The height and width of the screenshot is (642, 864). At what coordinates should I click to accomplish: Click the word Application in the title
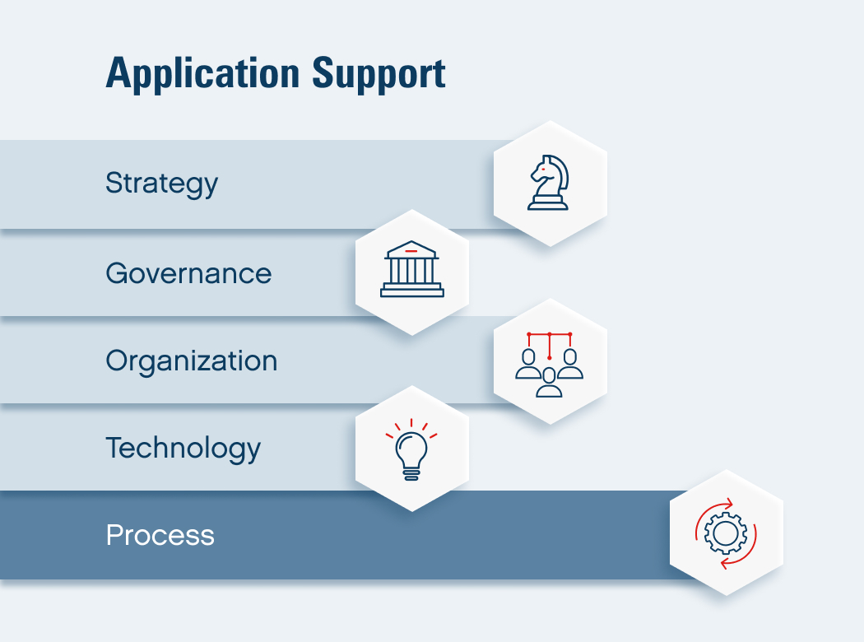(x=202, y=74)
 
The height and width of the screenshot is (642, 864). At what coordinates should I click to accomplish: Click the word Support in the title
(x=379, y=74)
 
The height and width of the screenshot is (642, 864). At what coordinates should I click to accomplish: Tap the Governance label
(x=188, y=273)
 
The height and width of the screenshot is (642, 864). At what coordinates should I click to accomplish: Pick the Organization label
(x=191, y=361)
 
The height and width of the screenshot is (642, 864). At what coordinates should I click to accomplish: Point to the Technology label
(x=183, y=449)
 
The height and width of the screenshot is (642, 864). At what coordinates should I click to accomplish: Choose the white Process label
(x=160, y=535)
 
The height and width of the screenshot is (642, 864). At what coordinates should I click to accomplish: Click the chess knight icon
(x=548, y=183)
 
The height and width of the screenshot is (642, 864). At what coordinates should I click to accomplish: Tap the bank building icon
(x=412, y=269)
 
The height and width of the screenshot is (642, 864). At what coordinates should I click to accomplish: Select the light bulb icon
(x=411, y=449)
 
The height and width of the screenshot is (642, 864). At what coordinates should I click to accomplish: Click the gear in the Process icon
(x=726, y=533)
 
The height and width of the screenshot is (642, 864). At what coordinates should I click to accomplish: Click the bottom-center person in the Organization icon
(x=550, y=383)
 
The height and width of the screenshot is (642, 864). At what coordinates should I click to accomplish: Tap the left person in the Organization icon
(x=528, y=365)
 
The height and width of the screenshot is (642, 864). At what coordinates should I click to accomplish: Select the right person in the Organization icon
(x=570, y=365)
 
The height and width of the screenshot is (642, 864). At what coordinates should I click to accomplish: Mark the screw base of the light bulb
(x=411, y=474)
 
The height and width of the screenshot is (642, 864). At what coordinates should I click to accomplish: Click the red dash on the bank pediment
(x=411, y=251)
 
